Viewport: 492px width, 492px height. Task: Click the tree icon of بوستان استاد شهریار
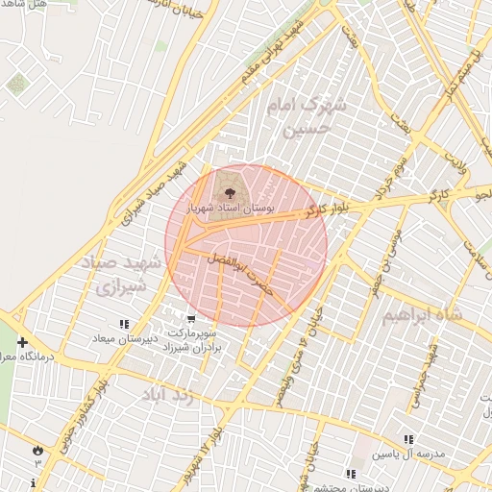click(228, 193)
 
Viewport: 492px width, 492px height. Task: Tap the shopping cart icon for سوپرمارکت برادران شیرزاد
click(191, 319)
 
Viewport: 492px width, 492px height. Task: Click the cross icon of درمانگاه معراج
click(21, 342)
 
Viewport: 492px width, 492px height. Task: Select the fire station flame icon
click(37, 449)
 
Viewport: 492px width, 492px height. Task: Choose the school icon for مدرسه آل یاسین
click(409, 439)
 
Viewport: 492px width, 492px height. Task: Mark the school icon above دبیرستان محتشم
click(350, 474)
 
